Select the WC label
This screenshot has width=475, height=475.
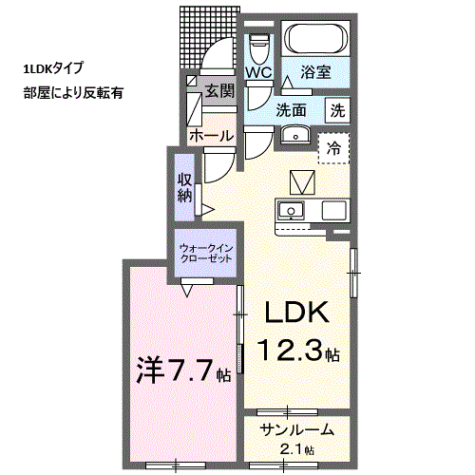coord(259,72)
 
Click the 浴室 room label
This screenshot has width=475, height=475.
coord(315,72)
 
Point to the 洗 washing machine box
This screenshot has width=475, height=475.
coord(338,110)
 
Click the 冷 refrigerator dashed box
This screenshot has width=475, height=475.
coord(333,148)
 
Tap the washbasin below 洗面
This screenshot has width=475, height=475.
coord(295,135)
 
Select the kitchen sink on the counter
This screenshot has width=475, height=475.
coord(291,211)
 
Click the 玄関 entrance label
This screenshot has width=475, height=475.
coord(219,91)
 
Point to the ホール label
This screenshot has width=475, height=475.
coord(212,136)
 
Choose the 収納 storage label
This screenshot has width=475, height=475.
coord(184,188)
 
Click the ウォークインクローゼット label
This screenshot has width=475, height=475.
coord(206,254)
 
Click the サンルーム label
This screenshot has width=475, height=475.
coord(297,430)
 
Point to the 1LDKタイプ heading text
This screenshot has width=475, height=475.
coord(53,68)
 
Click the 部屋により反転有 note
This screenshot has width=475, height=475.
coord(73,93)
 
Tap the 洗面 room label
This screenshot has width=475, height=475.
coord(291,110)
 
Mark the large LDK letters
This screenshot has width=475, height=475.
coord(296,312)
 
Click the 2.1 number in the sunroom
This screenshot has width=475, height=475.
coord(292,449)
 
